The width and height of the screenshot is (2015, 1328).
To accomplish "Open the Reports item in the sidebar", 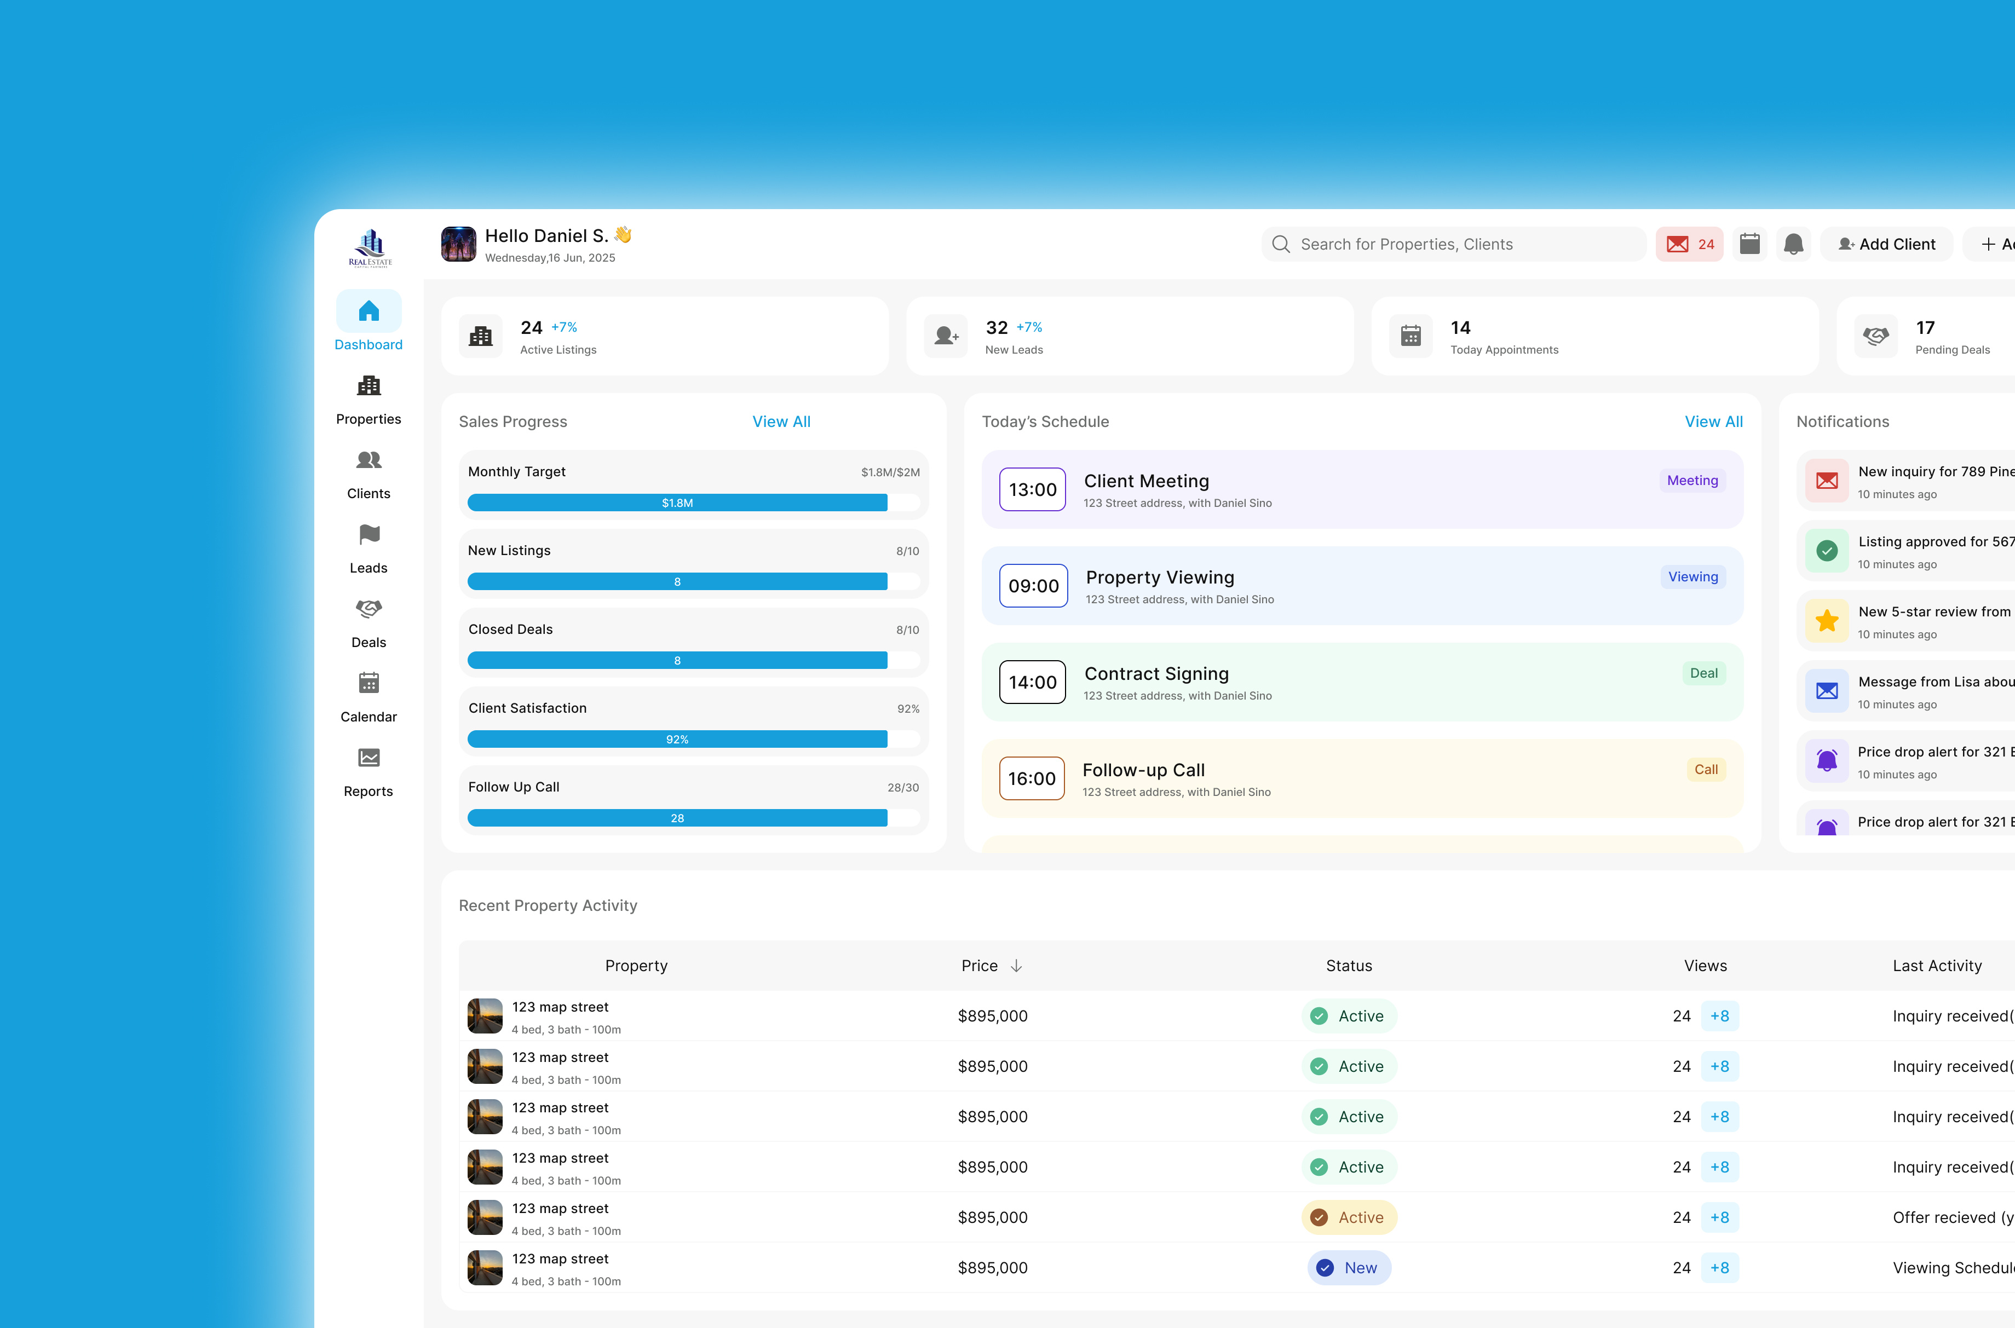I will pyautogui.click(x=369, y=771).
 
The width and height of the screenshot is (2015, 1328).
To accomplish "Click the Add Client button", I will pyautogui.click(x=1886, y=245).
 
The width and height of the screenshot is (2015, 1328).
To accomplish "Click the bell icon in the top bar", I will pyautogui.click(x=1793, y=245).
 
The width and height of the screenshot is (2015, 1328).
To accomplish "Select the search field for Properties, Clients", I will pyautogui.click(x=1453, y=245).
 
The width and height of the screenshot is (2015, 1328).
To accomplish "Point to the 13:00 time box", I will pyautogui.click(x=1033, y=489).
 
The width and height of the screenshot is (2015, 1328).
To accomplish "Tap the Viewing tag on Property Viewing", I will pyautogui.click(x=1692, y=577).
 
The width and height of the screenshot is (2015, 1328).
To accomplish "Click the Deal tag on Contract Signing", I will pyautogui.click(x=1703, y=673).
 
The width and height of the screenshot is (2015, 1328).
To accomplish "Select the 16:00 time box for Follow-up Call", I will pyautogui.click(x=1032, y=778).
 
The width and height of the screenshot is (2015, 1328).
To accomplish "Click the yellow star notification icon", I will pyautogui.click(x=1827, y=621).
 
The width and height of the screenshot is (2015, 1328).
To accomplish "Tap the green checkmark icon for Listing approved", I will pyautogui.click(x=1827, y=551).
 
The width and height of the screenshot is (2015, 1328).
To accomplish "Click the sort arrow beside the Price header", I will pyautogui.click(x=1016, y=966).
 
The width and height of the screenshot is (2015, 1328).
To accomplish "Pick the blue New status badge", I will pyautogui.click(x=1349, y=1268).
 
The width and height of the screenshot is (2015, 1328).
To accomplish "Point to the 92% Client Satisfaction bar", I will pyautogui.click(x=677, y=740).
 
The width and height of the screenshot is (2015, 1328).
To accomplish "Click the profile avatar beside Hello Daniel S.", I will pyautogui.click(x=458, y=245).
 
